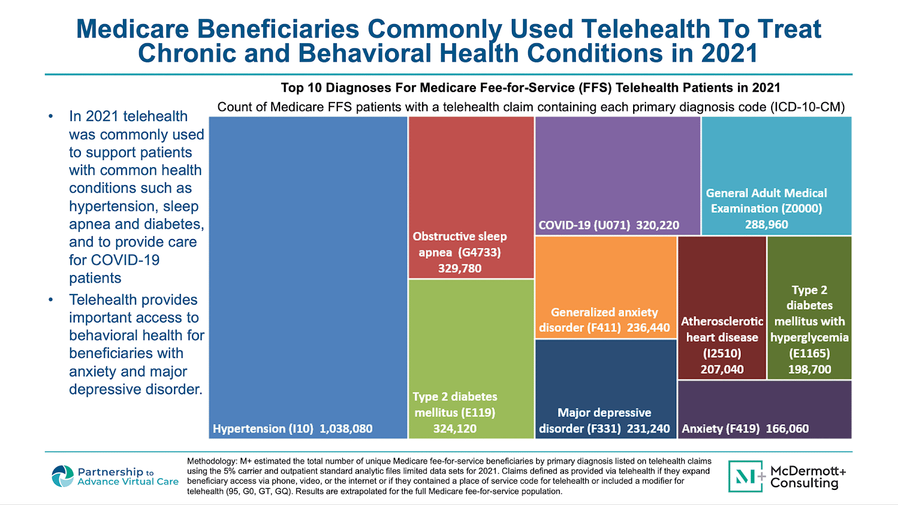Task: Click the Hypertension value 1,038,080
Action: point(346,429)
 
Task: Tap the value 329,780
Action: point(460,268)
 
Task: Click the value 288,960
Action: point(766,224)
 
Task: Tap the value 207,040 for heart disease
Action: point(722,369)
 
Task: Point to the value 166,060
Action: point(787,429)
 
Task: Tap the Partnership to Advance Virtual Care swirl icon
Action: point(62,476)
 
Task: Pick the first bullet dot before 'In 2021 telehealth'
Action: point(51,117)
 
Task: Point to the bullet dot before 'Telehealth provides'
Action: point(51,300)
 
